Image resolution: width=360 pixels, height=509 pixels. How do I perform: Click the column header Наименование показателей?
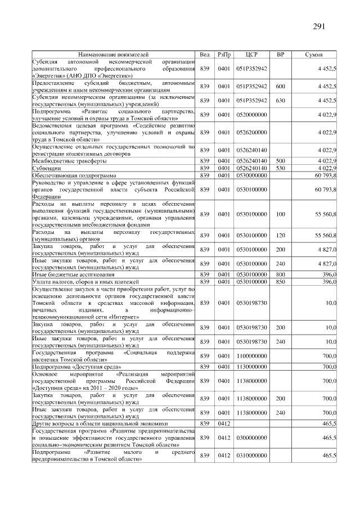(x=112, y=55)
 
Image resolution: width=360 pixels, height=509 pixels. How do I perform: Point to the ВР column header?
(x=280, y=55)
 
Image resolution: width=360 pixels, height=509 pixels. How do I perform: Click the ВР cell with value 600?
(x=280, y=87)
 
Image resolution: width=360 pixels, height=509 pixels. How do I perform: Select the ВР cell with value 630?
(x=280, y=101)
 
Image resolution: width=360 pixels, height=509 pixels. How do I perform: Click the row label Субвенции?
(x=47, y=168)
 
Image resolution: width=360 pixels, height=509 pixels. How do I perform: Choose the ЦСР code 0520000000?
(x=251, y=115)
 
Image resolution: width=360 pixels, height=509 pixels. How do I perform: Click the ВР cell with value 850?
(x=280, y=281)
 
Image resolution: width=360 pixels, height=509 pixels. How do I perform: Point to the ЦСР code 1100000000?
(x=251, y=356)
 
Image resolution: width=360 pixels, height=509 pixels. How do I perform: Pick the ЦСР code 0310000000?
(x=251, y=456)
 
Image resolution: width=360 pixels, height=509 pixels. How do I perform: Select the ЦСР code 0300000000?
(x=251, y=438)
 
